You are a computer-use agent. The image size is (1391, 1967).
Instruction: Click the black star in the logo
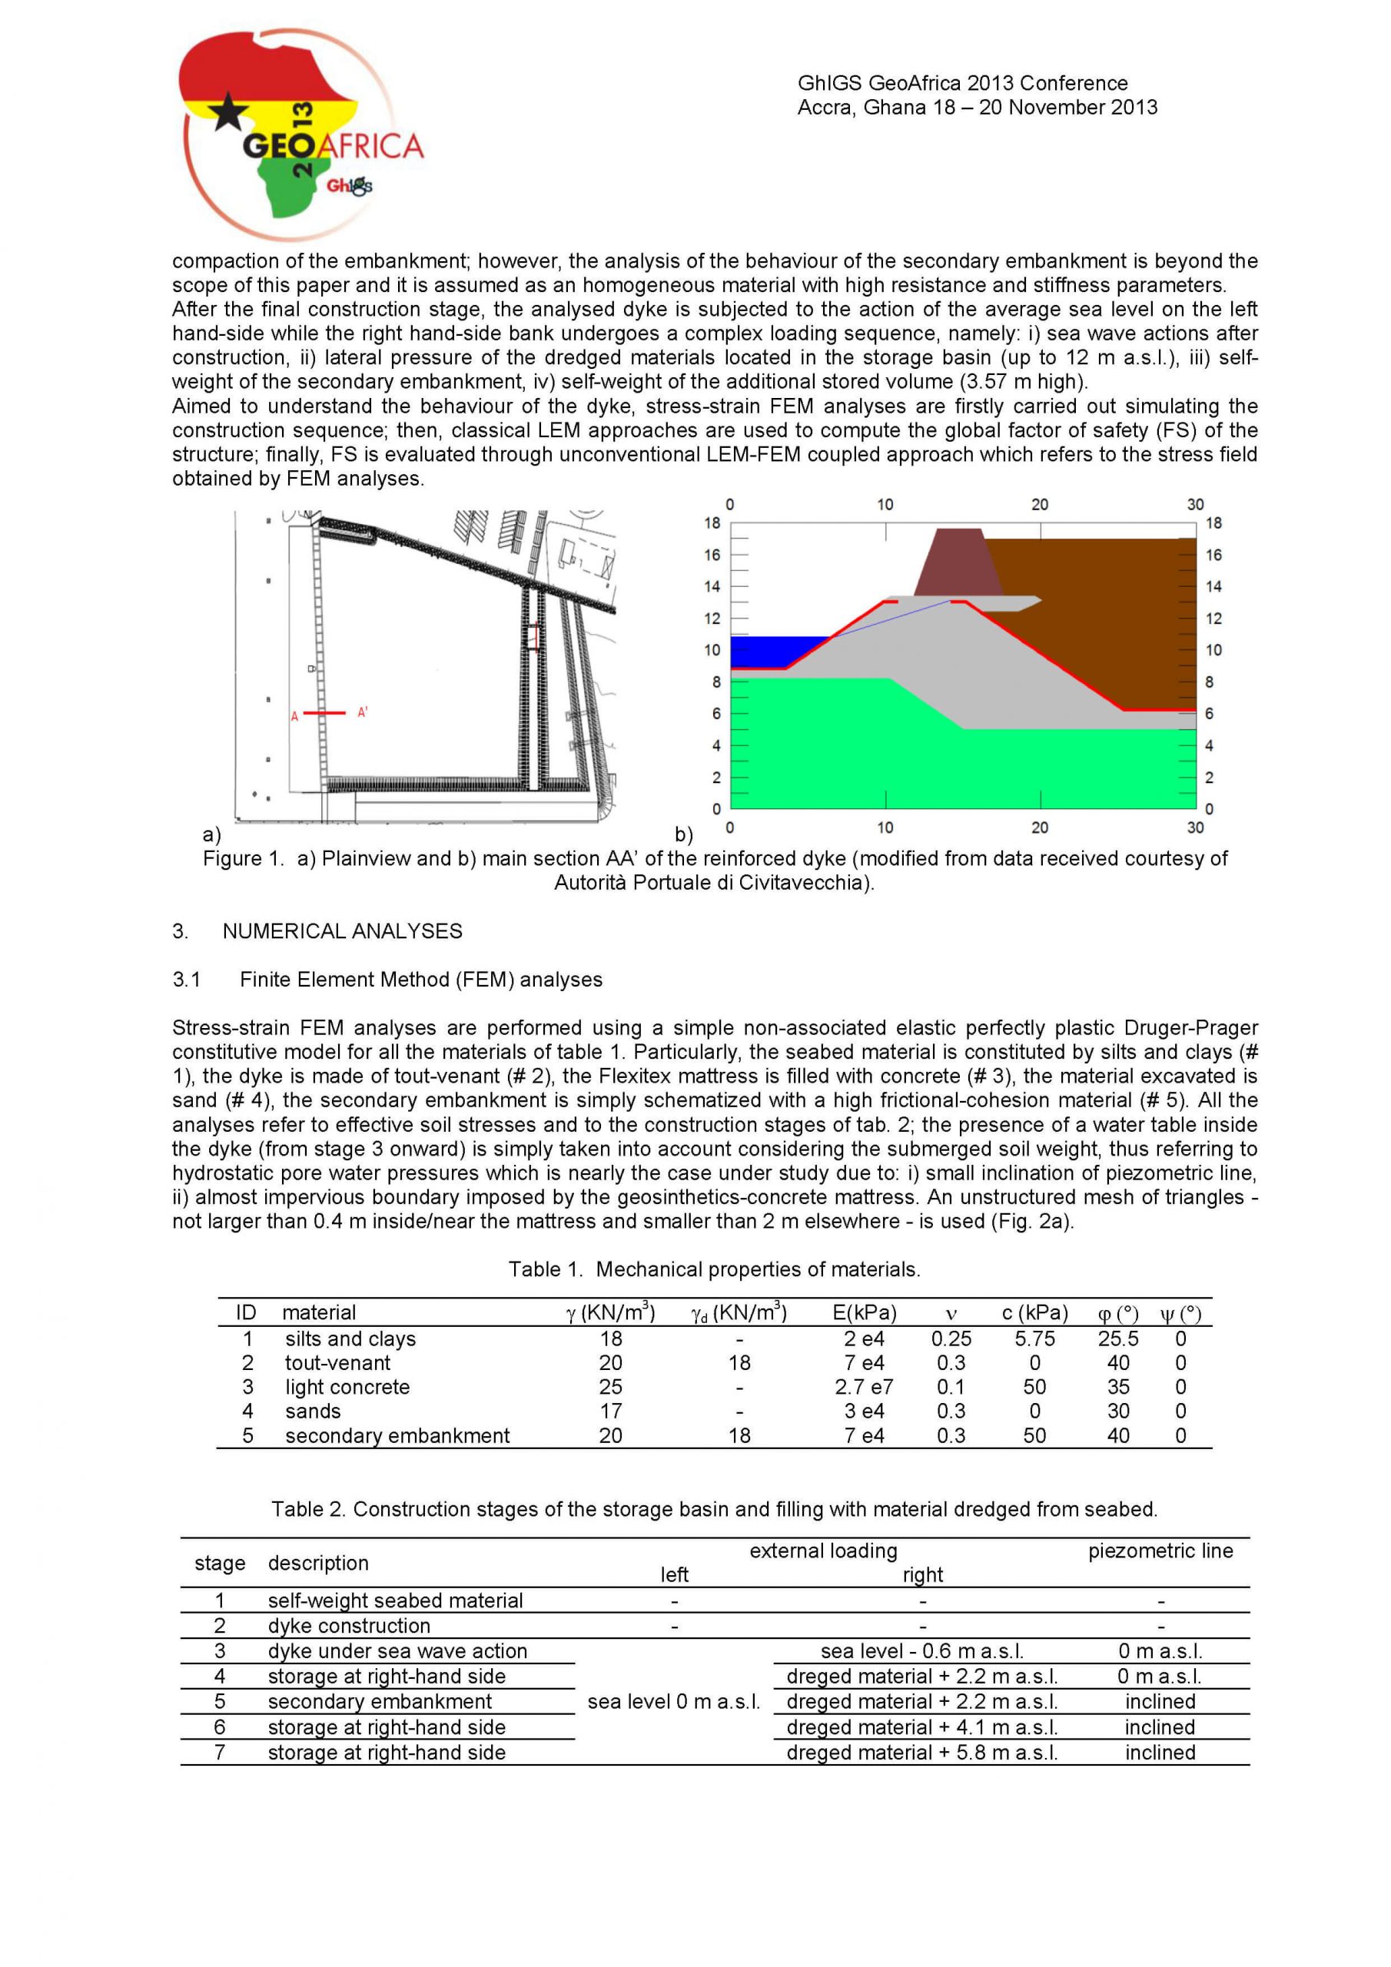click(x=229, y=111)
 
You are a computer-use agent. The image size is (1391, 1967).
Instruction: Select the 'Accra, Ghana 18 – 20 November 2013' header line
click(x=977, y=108)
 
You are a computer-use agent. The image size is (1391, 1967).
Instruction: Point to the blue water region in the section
click(x=775, y=651)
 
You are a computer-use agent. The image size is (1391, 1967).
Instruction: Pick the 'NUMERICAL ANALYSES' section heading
click(x=342, y=931)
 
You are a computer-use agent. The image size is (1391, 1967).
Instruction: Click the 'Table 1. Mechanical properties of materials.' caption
click(x=714, y=1269)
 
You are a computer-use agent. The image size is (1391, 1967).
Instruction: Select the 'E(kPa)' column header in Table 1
click(x=864, y=1312)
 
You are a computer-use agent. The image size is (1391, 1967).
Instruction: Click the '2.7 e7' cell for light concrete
click(x=864, y=1387)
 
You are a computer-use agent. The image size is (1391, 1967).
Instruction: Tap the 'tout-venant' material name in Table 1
click(x=337, y=1363)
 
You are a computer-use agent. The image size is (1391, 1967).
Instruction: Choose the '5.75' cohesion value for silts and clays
click(x=1034, y=1339)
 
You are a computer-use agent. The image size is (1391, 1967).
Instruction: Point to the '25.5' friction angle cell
click(x=1117, y=1339)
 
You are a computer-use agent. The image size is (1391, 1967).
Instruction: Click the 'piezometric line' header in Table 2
click(x=1160, y=1551)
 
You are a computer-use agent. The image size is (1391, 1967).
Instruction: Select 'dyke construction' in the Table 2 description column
click(x=349, y=1626)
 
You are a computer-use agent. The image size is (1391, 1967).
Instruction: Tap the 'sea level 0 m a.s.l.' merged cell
click(x=674, y=1701)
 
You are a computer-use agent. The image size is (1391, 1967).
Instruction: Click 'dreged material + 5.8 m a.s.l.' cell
click(x=922, y=1753)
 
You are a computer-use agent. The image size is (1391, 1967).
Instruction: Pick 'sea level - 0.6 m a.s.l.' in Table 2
click(x=922, y=1651)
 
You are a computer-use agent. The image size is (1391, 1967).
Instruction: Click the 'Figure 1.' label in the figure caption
click(x=243, y=858)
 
